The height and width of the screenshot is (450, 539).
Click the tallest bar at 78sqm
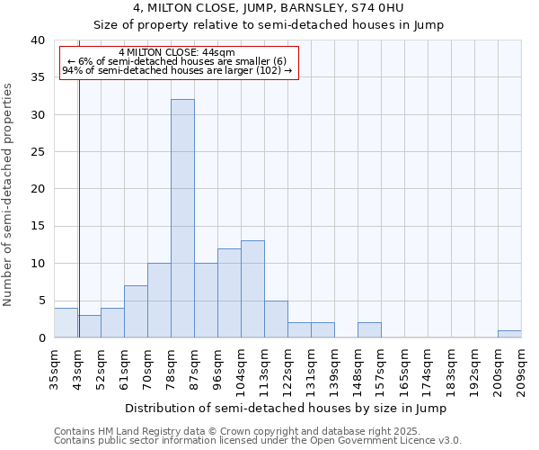(x=182, y=219)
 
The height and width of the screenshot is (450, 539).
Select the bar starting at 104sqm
(x=252, y=289)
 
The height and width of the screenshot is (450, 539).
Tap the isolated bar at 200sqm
(x=509, y=334)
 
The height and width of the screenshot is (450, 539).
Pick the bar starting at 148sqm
(x=369, y=330)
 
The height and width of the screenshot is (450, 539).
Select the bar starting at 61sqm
(x=136, y=311)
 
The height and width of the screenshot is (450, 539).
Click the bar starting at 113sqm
(x=276, y=319)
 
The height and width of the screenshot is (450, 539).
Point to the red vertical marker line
(x=79, y=198)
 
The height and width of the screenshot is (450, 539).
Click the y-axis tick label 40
(x=37, y=40)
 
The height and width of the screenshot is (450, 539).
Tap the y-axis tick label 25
(x=37, y=152)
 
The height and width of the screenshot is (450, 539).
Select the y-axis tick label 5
(x=40, y=301)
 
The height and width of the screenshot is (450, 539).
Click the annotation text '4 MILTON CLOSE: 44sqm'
(x=176, y=53)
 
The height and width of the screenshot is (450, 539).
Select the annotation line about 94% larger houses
(x=177, y=71)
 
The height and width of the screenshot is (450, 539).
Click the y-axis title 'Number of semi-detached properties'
(x=8, y=194)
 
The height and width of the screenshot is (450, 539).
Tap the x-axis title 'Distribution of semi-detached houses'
(x=286, y=408)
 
